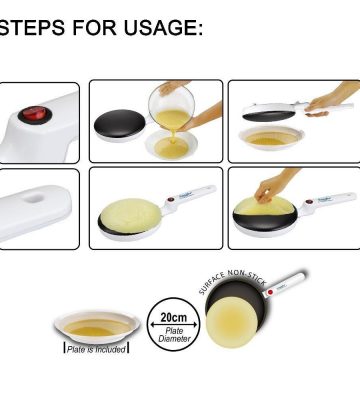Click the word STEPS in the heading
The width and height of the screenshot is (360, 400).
pyautogui.click(x=32, y=27)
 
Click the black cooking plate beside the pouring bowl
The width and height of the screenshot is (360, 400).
pyautogui.click(x=120, y=122)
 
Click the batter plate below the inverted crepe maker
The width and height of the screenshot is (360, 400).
pyautogui.click(x=271, y=138)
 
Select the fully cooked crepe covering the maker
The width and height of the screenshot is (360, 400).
pyautogui.click(x=130, y=214)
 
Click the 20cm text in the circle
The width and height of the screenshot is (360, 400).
pyautogui.click(x=173, y=317)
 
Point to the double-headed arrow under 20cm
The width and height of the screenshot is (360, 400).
pyautogui.click(x=173, y=324)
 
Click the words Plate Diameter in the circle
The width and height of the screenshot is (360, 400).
pyautogui.click(x=174, y=335)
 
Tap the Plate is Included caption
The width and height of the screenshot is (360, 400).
pyautogui.click(x=96, y=349)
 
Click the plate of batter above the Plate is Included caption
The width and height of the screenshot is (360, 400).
pyautogui.click(x=97, y=326)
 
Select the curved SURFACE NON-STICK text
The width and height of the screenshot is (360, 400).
pyautogui.click(x=232, y=282)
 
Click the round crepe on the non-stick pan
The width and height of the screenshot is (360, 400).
pyautogui.click(x=231, y=322)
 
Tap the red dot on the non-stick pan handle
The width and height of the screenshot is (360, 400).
pyautogui.click(x=270, y=292)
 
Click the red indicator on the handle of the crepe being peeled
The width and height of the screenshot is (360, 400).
pyautogui.click(x=309, y=202)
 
